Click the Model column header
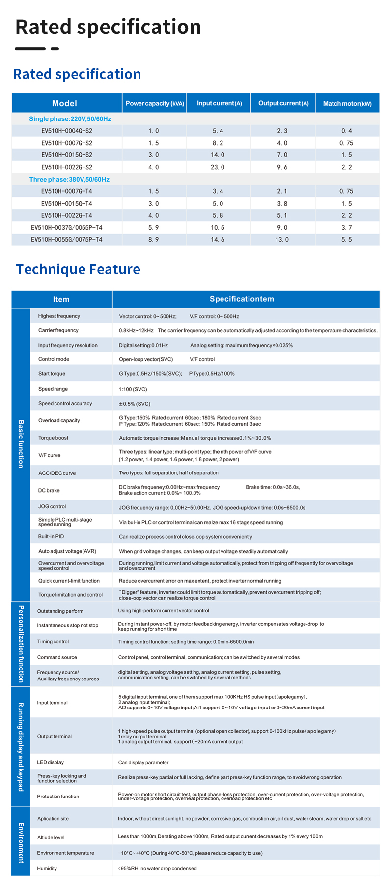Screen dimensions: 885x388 pyautogui.click(x=64, y=103)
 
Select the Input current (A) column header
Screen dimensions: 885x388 pyautogui.click(x=219, y=103)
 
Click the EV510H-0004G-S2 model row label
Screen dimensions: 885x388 pyautogui.click(x=67, y=131)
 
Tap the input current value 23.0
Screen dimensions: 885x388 pyautogui.click(x=218, y=167)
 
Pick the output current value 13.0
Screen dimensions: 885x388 pyautogui.click(x=282, y=240)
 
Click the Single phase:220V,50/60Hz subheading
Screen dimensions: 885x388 pyautogui.click(x=70, y=119)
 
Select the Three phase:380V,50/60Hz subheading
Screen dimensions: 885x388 pyautogui.click(x=69, y=180)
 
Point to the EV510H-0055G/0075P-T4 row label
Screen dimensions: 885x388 pyautogui.click(x=67, y=240)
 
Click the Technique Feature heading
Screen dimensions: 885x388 pyautogui.click(x=78, y=269)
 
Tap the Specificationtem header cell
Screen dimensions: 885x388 pyautogui.click(x=242, y=299)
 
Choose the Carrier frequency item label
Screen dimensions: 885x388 pyautogui.click(x=58, y=330)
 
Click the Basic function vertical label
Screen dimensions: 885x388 pyautogui.click(x=21, y=444)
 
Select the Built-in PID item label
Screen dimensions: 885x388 pyautogui.click(x=51, y=536)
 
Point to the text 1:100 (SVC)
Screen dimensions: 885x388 pyautogui.click(x=133, y=389)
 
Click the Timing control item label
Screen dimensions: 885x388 pyautogui.click(x=53, y=642)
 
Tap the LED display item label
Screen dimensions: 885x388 pyautogui.click(x=50, y=762)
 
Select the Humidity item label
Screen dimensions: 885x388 pyautogui.click(x=47, y=868)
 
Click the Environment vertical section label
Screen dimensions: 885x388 pyautogui.click(x=21, y=843)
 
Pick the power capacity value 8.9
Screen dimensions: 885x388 pyautogui.click(x=154, y=240)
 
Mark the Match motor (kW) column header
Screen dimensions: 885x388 pyautogui.click(x=347, y=103)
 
